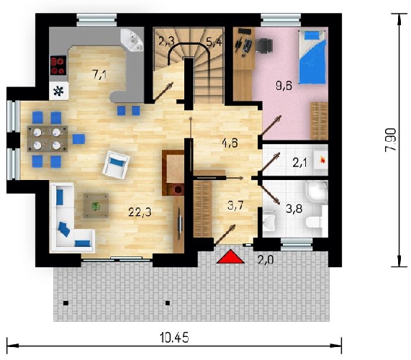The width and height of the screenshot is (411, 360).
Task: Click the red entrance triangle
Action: tap(230, 257)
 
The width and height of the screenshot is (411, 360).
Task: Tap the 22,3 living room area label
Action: tap(140, 212)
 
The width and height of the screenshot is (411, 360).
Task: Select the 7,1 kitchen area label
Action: tap(99, 74)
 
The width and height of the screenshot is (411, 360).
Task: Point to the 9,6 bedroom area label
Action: tap(284, 86)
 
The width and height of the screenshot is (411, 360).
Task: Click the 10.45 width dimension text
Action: tap(174, 338)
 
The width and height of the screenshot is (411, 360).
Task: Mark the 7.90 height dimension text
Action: tap(391, 140)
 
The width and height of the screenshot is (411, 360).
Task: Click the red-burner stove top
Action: tap(58, 66)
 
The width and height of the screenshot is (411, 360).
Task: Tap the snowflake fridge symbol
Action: tap(58, 91)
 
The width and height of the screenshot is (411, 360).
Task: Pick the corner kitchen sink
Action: tap(132, 40)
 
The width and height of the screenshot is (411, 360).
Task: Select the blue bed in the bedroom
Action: tap(312, 57)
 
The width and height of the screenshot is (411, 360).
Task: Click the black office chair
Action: tap(263, 45)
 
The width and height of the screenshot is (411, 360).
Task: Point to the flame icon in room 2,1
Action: tap(323, 159)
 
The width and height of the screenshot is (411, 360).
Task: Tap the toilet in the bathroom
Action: tap(314, 222)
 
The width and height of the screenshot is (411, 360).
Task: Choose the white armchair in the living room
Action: tap(116, 165)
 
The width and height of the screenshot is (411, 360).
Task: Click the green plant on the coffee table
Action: tap(96, 206)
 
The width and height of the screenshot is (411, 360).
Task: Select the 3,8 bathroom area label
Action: tap(294, 209)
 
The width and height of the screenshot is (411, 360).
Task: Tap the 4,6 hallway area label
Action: tap(230, 143)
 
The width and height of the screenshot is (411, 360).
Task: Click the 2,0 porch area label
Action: tap(266, 260)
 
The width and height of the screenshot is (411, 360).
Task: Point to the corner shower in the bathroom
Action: tap(317, 192)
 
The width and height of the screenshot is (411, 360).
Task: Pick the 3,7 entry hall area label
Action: tap(235, 205)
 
